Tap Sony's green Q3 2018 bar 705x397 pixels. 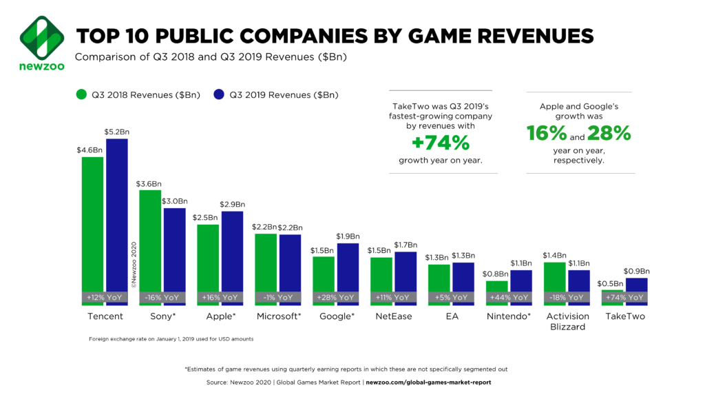point(151,241)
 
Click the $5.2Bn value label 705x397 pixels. point(116,132)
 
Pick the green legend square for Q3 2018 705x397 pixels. point(81,94)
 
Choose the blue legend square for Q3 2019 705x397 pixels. point(218,94)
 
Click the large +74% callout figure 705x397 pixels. point(441,143)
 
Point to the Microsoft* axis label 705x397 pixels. point(279,316)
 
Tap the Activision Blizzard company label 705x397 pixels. point(567,321)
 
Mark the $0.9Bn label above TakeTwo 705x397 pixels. point(636,271)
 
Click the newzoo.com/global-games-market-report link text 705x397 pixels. point(428,382)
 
